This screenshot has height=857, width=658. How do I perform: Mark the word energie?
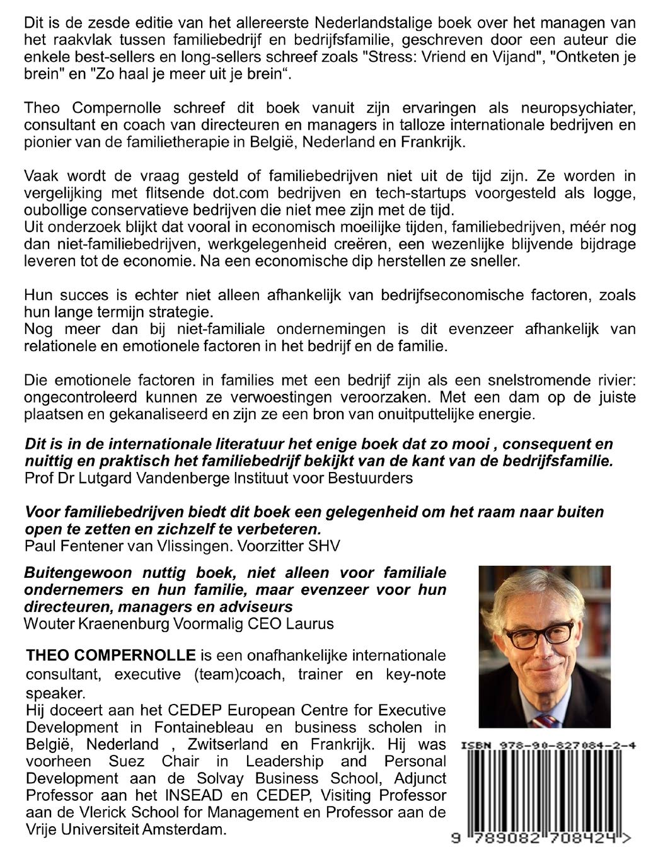coord(503,415)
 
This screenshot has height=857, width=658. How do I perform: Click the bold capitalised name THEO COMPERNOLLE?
coord(111,655)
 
